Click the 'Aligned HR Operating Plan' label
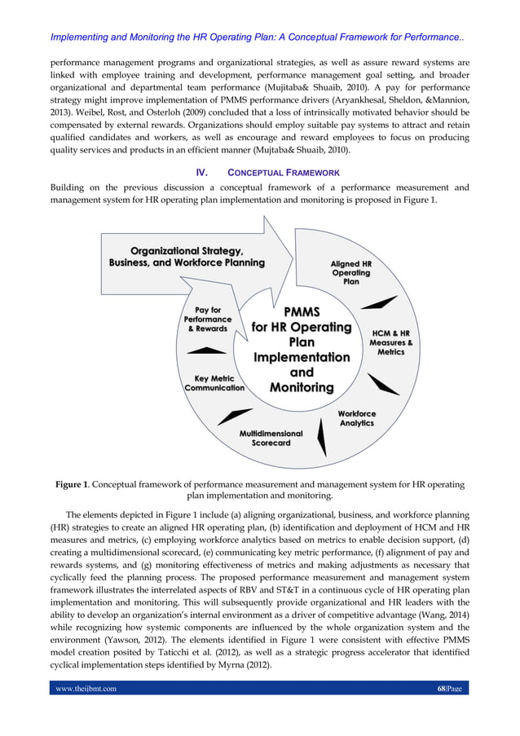tap(350, 273)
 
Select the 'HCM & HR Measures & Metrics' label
tap(390, 342)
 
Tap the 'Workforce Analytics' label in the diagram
tap(356, 419)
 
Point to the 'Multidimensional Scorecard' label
tap(271, 439)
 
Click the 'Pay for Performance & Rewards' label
tap(208, 319)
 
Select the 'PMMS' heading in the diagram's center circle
tap(302, 312)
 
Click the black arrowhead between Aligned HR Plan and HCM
tap(378, 302)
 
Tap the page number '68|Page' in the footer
tap(448, 689)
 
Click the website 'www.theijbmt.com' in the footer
tap(86, 689)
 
